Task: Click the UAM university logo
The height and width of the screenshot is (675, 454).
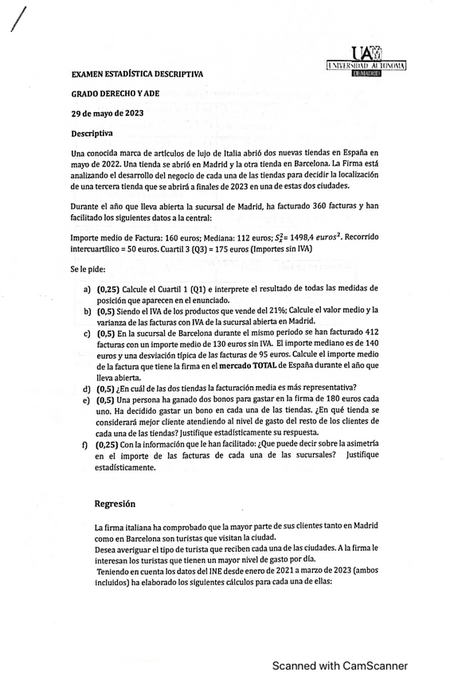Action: [x=367, y=61]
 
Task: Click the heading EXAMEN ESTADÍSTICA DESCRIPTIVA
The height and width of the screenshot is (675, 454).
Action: [x=137, y=74]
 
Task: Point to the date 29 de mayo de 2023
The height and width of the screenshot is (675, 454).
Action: [x=108, y=113]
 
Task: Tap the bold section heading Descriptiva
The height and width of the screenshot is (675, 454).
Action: [x=92, y=133]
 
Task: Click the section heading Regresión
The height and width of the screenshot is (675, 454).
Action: [x=115, y=503]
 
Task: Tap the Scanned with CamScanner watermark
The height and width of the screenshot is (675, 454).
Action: [x=340, y=665]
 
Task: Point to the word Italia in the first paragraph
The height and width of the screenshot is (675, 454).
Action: [x=238, y=152]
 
